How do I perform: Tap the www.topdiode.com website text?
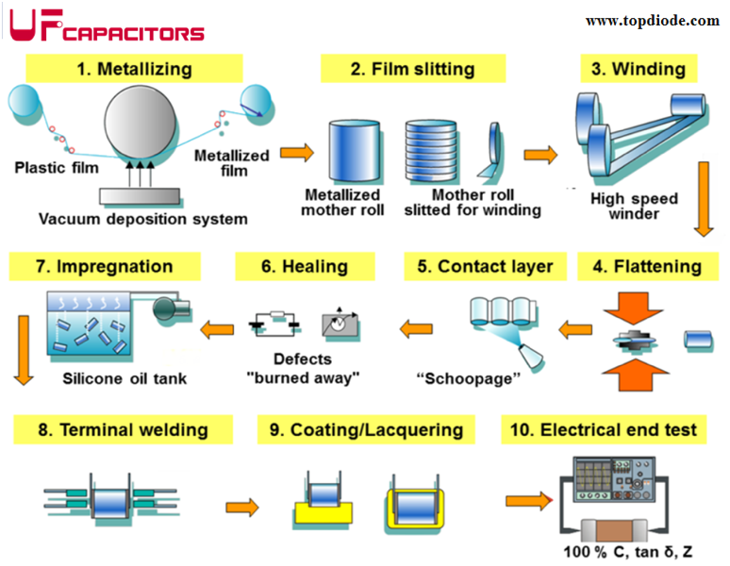point(652,21)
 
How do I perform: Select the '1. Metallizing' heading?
point(133,69)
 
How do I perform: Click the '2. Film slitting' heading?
point(412,69)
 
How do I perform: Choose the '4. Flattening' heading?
point(647,266)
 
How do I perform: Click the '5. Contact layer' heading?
point(484,266)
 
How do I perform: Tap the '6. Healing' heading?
point(305,266)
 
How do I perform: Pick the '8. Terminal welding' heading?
point(123,430)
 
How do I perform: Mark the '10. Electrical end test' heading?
point(605,430)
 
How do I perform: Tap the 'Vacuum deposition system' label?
point(143,219)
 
